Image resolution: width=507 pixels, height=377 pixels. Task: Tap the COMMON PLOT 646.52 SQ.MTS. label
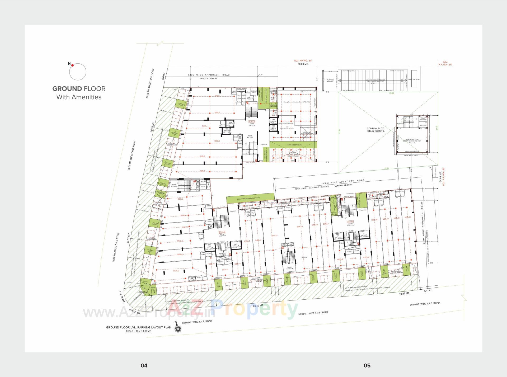coord(375,130)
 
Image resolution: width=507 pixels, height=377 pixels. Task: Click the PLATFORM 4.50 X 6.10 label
coord(330,81)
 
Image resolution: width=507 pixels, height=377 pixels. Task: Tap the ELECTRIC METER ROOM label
coord(286,123)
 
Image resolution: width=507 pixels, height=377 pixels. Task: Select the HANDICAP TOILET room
coord(253,91)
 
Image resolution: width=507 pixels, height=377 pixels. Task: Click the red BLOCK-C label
coord(350,222)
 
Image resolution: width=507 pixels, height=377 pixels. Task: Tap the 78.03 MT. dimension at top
coord(303,64)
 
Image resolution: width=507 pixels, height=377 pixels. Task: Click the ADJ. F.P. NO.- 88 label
coord(303,61)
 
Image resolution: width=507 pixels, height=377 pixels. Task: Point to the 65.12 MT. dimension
coord(258,305)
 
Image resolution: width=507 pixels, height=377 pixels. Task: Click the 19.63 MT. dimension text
coord(404,293)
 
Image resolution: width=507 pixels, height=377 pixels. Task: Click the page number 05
coord(367,365)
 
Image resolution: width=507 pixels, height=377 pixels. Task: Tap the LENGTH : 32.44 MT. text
coord(209,78)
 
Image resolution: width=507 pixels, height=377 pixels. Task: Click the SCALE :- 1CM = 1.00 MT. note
coord(138,331)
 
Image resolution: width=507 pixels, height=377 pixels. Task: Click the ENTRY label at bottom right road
coord(428,291)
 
